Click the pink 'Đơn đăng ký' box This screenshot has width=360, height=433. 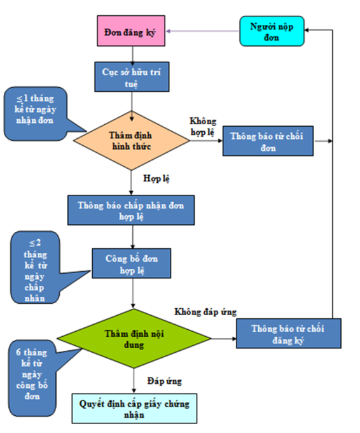tap(131, 31)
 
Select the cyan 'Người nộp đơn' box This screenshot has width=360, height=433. tap(272, 31)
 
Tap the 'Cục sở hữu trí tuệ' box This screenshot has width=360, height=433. tap(132, 77)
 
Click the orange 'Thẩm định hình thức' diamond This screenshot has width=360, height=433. tap(132, 141)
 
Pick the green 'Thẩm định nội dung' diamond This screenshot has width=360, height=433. tap(134, 339)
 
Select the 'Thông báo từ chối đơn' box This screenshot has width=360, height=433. tap(268, 141)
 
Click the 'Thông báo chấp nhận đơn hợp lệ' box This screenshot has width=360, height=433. tap(131, 210)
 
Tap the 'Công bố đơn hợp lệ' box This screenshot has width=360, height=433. tap(131, 263)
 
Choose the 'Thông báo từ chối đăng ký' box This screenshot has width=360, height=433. tap(289, 333)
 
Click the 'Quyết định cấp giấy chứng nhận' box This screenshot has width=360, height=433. tap(134, 408)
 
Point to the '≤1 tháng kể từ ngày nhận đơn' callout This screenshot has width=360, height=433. tap(36, 113)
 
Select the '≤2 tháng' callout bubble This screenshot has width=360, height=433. tap(35, 267)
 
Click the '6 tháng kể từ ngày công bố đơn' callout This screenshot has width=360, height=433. tap(32, 378)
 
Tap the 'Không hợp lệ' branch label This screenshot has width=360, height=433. tap(203, 127)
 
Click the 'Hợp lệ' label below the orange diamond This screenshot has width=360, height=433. tap(156, 178)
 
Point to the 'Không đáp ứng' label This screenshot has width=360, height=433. tap(205, 312)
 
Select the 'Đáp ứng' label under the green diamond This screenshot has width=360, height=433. tap(164, 381)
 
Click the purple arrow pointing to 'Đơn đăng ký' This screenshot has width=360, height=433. tap(202, 31)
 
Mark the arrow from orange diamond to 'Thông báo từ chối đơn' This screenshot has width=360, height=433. tap(206, 141)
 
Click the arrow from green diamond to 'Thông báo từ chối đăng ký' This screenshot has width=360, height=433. tap(224, 339)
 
